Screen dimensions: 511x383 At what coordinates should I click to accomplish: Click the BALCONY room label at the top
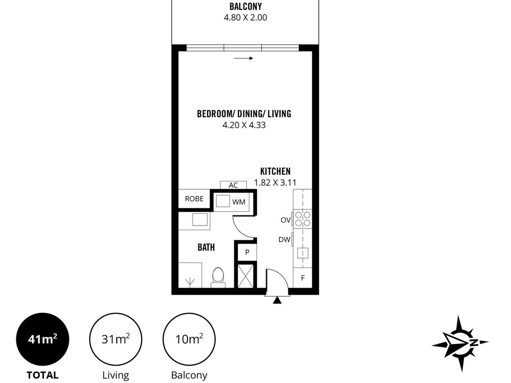pyautogui.click(x=245, y=6)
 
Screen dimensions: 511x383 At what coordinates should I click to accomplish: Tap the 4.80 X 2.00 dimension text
pyautogui.click(x=245, y=18)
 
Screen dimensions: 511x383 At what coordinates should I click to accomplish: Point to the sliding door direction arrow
pyautogui.click(x=244, y=58)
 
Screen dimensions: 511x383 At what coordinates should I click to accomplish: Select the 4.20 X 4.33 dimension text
pyautogui.click(x=244, y=125)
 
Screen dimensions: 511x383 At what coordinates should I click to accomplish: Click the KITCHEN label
pyautogui.click(x=276, y=171)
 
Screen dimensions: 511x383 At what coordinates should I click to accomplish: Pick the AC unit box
pyautogui.click(x=233, y=185)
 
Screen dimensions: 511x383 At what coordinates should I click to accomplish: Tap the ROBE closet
pyautogui.click(x=194, y=199)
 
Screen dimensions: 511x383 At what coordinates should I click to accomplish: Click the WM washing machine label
pyautogui.click(x=239, y=202)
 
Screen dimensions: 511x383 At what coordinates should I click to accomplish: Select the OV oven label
pyautogui.click(x=286, y=220)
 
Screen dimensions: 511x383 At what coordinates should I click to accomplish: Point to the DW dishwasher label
pyautogui.click(x=284, y=240)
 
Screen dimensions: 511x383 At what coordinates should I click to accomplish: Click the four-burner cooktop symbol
pyautogui.click(x=302, y=219)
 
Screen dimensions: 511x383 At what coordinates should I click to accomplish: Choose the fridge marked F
pyautogui.click(x=303, y=277)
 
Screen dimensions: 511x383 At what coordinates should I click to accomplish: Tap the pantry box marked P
pyautogui.click(x=247, y=252)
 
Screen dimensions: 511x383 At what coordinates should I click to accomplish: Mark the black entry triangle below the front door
pyautogui.click(x=277, y=300)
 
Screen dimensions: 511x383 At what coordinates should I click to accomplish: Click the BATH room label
pyautogui.click(x=206, y=247)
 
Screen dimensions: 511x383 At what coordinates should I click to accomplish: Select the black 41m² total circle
pyautogui.click(x=43, y=339)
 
